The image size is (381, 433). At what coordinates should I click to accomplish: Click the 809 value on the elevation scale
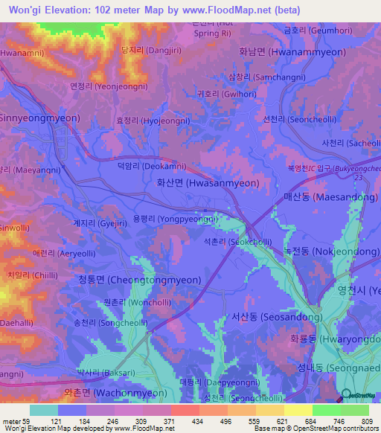(368, 422)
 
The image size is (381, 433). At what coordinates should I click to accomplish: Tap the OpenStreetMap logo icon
(348, 395)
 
